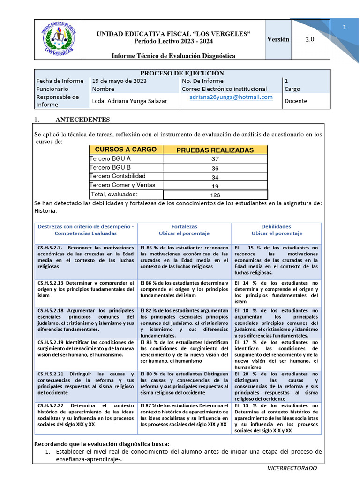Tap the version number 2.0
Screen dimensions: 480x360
(310, 39)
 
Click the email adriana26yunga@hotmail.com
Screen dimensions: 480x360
(231, 97)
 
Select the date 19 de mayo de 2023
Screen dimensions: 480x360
(120, 81)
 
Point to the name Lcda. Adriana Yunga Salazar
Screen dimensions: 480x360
(129, 101)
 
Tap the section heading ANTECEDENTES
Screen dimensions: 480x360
(82, 120)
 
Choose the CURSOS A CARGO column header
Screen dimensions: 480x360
(126, 150)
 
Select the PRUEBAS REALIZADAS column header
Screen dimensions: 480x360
(215, 150)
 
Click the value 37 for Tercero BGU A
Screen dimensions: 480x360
(215, 159)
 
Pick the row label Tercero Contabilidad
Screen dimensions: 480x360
(118, 176)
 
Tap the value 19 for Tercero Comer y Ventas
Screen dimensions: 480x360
(215, 186)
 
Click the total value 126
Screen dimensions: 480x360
(215, 195)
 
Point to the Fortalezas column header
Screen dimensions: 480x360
(184, 226)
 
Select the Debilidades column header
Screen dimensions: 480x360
(277, 226)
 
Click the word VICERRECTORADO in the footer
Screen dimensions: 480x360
(292, 468)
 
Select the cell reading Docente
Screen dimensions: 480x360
(296, 101)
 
